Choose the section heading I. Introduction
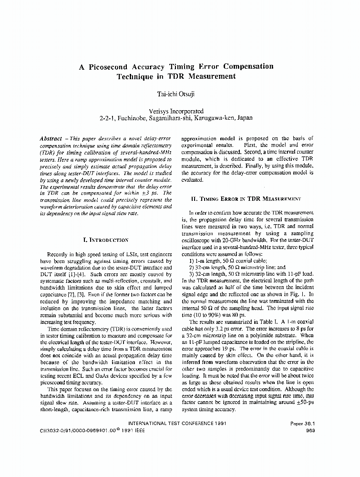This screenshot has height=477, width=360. coord(105,240)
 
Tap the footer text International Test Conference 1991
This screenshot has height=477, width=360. coord(178,423)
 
